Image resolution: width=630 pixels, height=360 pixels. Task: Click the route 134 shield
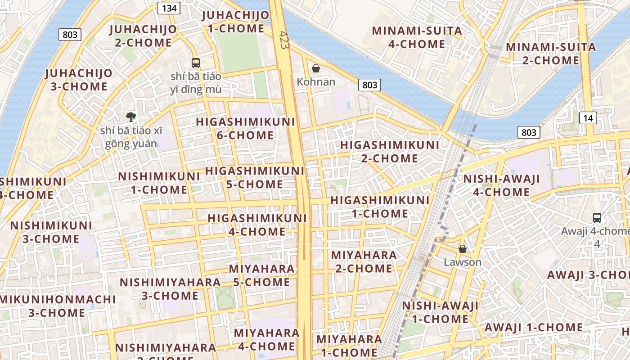pos(169,8)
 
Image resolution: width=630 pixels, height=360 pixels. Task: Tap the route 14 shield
pos(588,118)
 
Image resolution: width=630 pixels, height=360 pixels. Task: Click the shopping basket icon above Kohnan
pos(316,68)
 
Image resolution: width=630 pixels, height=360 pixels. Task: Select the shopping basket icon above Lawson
pos(462,249)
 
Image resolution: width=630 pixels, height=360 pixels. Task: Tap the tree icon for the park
pos(131,117)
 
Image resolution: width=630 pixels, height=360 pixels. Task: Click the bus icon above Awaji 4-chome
pos(597,218)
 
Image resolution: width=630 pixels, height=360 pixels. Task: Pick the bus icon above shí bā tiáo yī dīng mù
pos(195,63)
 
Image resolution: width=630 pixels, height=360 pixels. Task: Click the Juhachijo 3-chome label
pos(79,80)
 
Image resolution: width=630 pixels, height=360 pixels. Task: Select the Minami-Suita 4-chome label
pos(417,37)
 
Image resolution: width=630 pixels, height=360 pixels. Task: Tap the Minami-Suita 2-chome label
pos(551,54)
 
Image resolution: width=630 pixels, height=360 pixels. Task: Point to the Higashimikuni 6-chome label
pos(245,128)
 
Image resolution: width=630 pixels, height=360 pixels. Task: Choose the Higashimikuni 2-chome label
pos(390,152)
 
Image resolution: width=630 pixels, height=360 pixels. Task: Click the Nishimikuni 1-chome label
pos(159,183)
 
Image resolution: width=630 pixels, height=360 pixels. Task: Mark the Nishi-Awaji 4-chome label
pos(502,185)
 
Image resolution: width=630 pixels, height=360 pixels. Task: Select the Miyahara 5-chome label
pos(261,275)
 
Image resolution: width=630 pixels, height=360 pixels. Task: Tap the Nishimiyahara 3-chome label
pos(170,289)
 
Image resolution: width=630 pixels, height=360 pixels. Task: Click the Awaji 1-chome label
pos(533,327)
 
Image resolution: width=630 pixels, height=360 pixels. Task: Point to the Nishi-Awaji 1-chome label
pos(440,312)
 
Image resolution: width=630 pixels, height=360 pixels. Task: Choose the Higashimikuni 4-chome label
pos(257,225)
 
